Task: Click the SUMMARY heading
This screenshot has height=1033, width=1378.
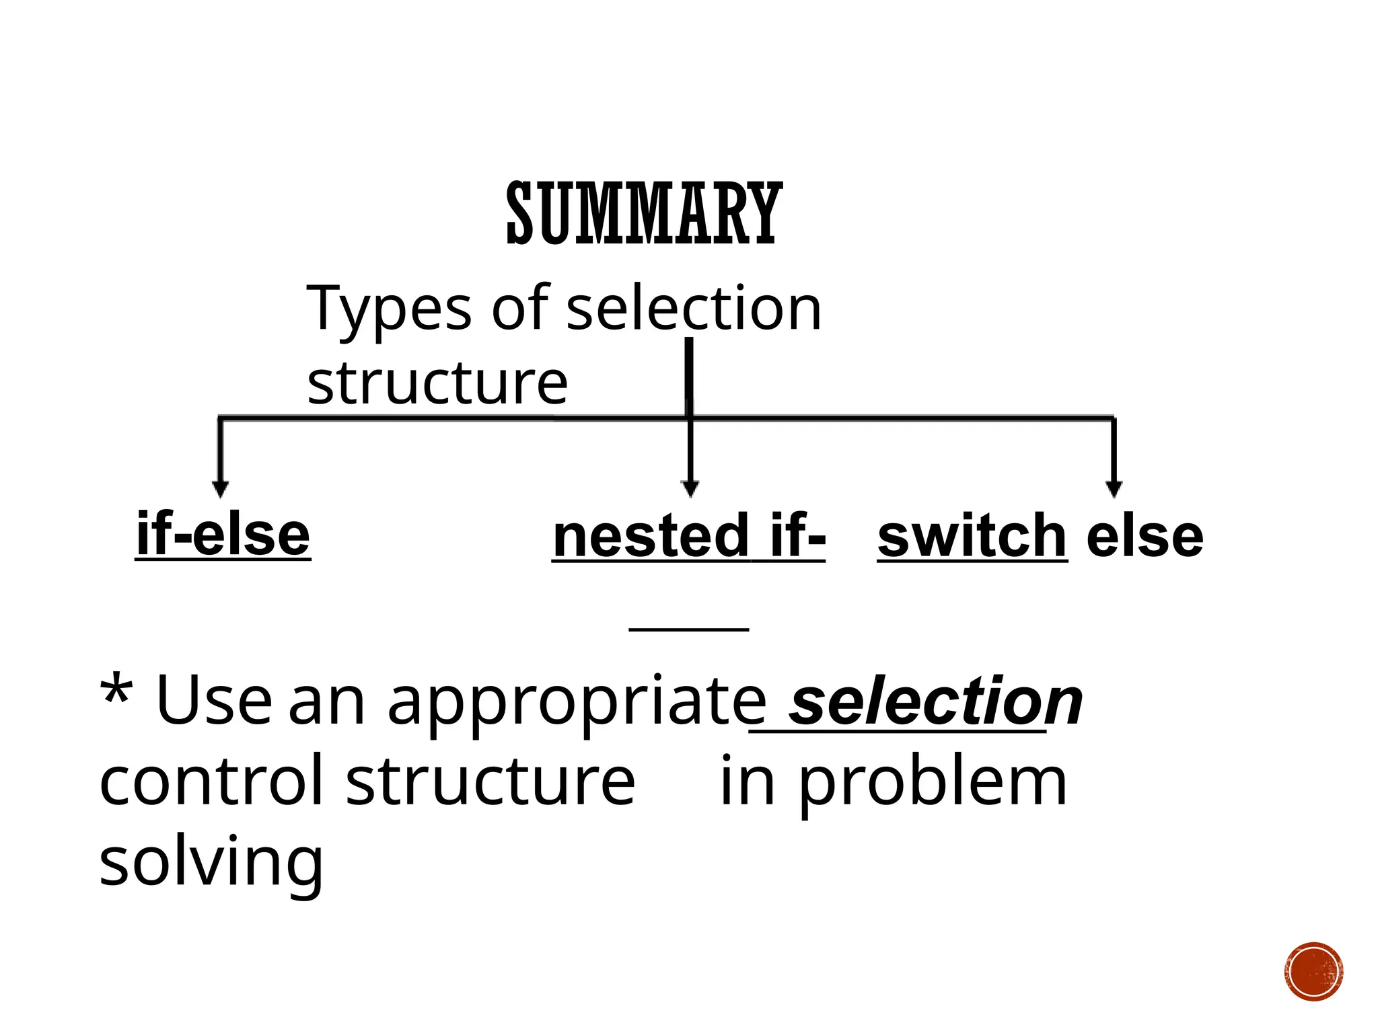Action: coord(644,214)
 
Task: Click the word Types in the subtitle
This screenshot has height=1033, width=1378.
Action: coord(389,309)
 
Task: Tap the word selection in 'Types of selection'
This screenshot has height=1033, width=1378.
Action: coord(694,309)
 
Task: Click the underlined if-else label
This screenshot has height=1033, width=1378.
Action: coord(223,535)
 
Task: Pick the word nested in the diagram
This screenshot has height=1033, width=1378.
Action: coord(650,536)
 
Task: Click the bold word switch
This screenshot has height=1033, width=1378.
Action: coord(972,536)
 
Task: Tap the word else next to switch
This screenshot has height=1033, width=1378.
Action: coord(1145,536)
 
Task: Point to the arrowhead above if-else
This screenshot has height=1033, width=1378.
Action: coord(220,489)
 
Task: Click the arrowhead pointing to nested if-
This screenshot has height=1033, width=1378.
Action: coord(690,489)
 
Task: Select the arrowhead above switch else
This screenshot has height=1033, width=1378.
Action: coord(1114,489)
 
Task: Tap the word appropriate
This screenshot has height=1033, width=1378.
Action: coord(576,702)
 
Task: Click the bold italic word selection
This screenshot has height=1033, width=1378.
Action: coord(935,702)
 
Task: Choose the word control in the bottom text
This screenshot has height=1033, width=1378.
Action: coord(211,780)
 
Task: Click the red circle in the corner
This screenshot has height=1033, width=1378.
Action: coord(1313,972)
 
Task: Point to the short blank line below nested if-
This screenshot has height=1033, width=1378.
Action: coord(688,629)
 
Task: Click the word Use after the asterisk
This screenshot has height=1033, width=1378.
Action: coord(213,701)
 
